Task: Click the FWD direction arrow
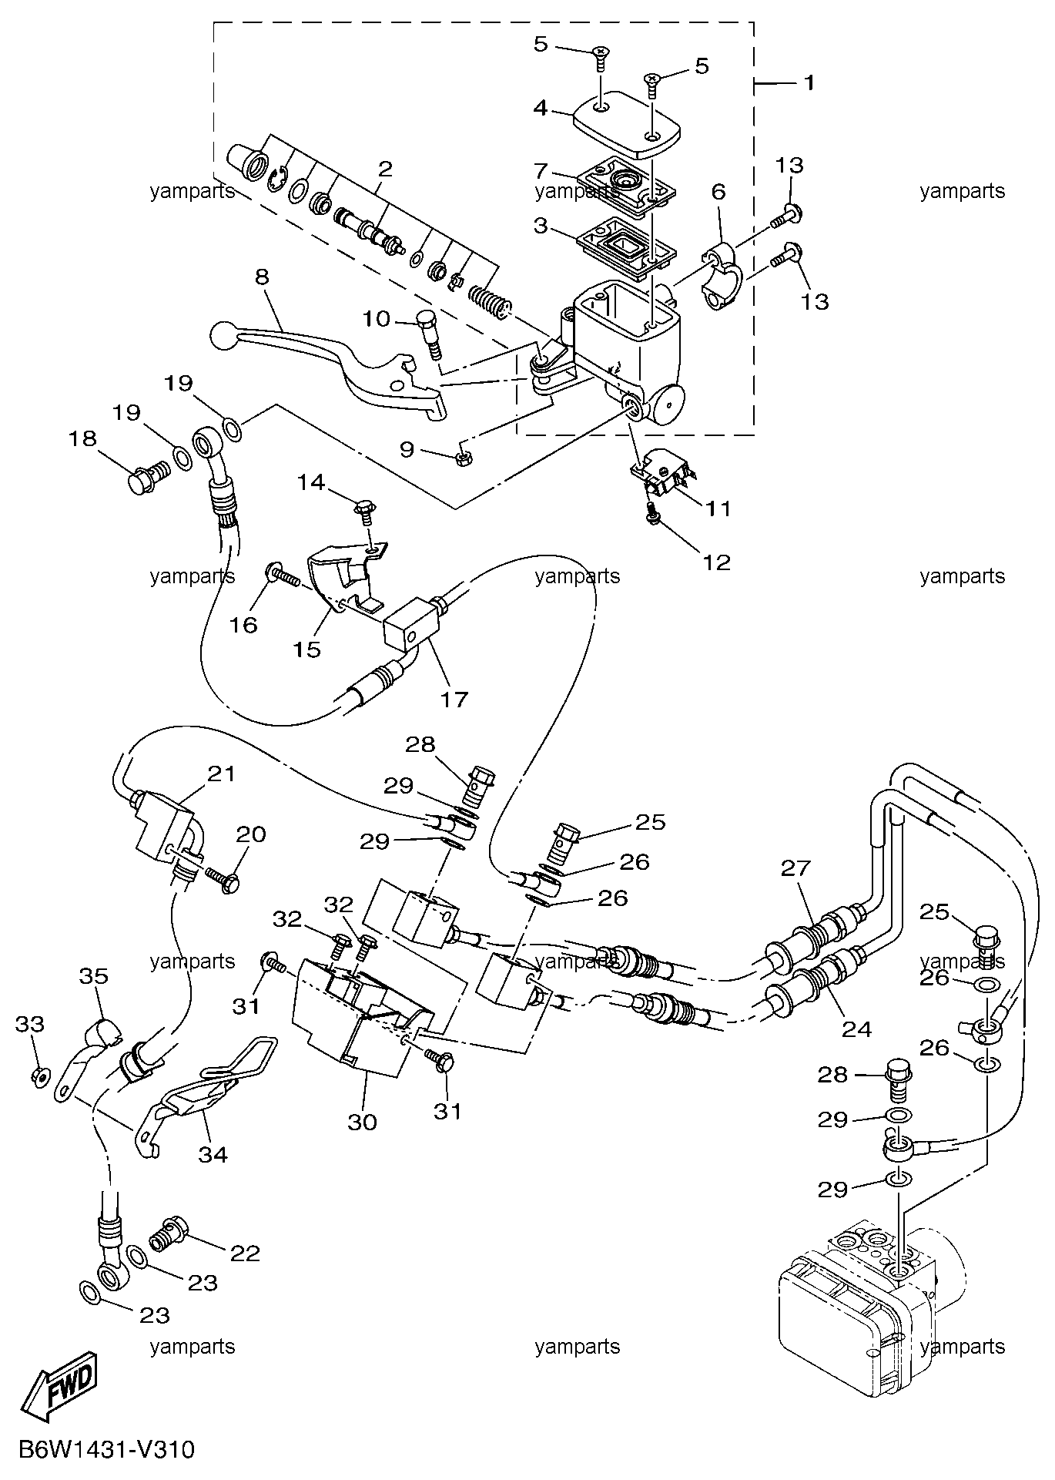point(61,1389)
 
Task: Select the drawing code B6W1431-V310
point(105,1451)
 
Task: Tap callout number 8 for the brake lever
point(262,277)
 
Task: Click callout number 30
point(362,1122)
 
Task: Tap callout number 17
point(454,699)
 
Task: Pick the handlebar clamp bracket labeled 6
point(722,276)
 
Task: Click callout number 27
point(796,868)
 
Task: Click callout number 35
point(94,976)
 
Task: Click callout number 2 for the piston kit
point(385,169)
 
